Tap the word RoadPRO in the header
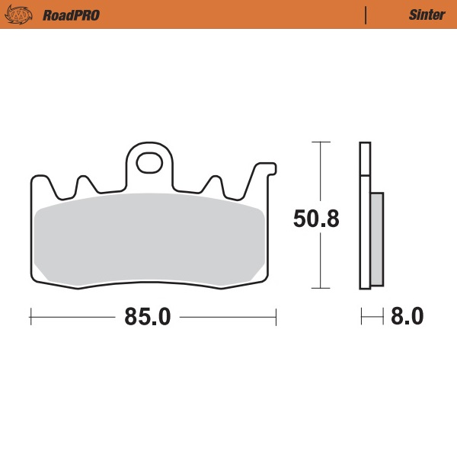pyautogui.click(x=71, y=14)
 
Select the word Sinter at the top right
pyautogui.click(x=427, y=14)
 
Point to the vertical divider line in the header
pyautogui.click(x=366, y=14)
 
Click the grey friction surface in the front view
pyautogui.click(x=150, y=239)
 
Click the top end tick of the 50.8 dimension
pyautogui.click(x=321, y=142)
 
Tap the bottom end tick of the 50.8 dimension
pyautogui.click(x=321, y=288)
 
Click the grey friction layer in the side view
pyautogui.click(x=376, y=239)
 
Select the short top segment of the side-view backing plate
pyautogui.click(x=365, y=158)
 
